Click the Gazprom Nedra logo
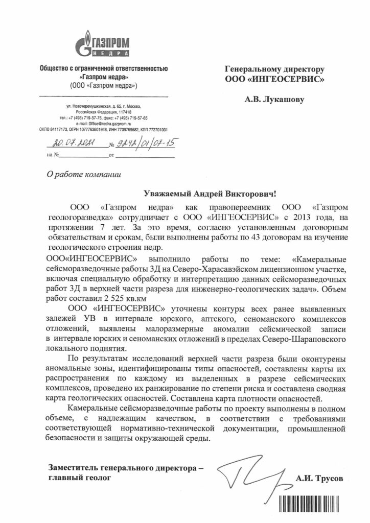coord(104,44)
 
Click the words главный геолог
coord(78,479)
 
